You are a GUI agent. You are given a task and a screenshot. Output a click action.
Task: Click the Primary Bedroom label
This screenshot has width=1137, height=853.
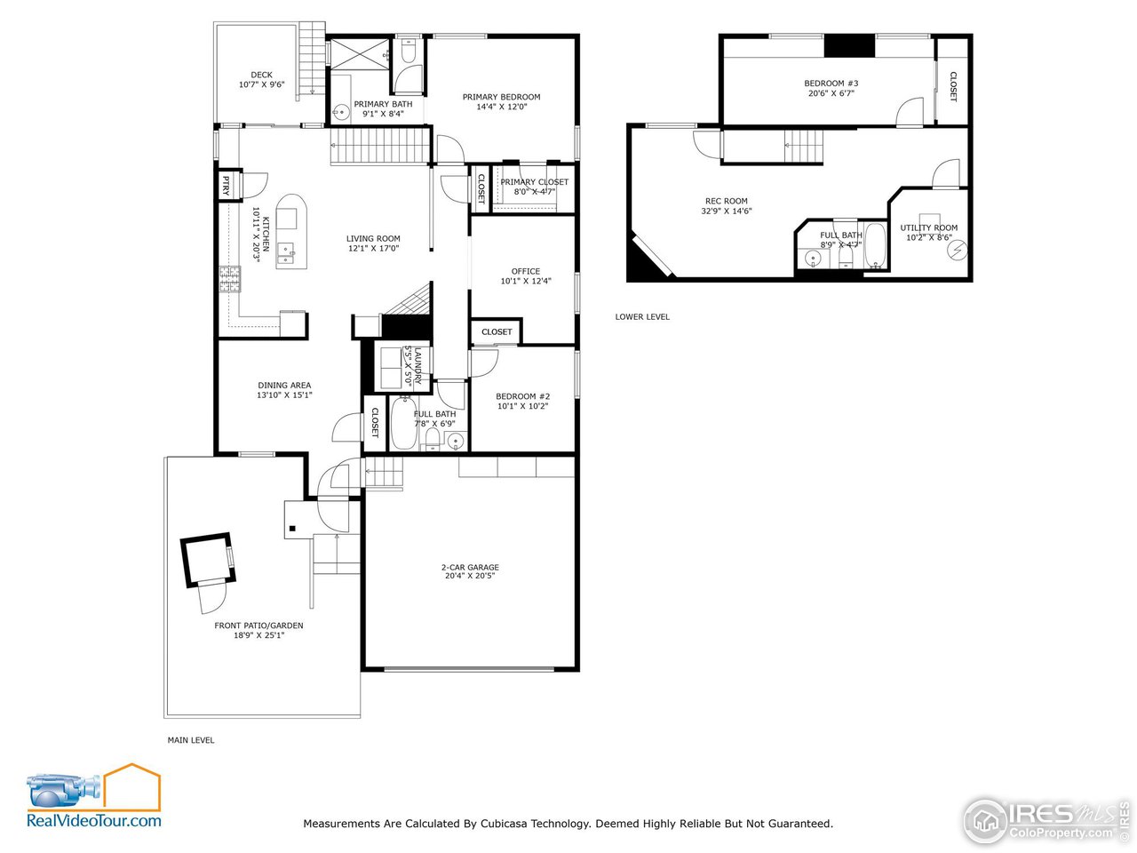[x=501, y=97]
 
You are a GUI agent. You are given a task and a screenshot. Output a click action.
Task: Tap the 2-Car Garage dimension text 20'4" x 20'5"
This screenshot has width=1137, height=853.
[x=470, y=576]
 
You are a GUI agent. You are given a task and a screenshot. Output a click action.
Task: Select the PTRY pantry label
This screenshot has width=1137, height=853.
[x=226, y=186]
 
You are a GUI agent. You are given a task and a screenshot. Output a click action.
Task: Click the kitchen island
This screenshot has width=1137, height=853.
[x=290, y=232]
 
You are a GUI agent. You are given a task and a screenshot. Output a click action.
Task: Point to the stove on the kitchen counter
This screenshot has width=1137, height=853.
[x=229, y=279]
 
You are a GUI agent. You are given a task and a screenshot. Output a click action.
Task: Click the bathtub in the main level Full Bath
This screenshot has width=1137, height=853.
[x=401, y=425]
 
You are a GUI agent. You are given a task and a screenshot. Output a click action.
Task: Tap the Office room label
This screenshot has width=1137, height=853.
[x=525, y=271]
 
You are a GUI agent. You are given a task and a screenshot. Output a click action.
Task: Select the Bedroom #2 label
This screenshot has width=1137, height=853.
[x=522, y=396]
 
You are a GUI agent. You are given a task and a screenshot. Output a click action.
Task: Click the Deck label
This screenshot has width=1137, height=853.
[x=261, y=76]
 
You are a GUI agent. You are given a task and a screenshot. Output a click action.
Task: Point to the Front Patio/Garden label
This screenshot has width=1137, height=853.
[x=258, y=626]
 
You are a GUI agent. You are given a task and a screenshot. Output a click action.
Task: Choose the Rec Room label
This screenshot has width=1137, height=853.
[x=726, y=202]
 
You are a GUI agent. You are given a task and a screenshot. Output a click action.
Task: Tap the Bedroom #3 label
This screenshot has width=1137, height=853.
[x=831, y=84]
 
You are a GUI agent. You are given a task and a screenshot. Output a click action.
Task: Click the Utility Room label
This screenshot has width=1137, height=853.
[x=928, y=227]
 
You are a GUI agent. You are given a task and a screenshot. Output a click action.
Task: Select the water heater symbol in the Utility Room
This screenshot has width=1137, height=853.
[x=957, y=251]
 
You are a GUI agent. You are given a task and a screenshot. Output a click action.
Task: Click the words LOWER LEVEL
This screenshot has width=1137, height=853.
[x=642, y=317]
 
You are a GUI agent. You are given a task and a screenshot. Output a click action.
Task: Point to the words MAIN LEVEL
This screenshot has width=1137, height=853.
[x=191, y=740]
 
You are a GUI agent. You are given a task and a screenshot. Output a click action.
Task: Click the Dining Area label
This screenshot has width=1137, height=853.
[x=284, y=386]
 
